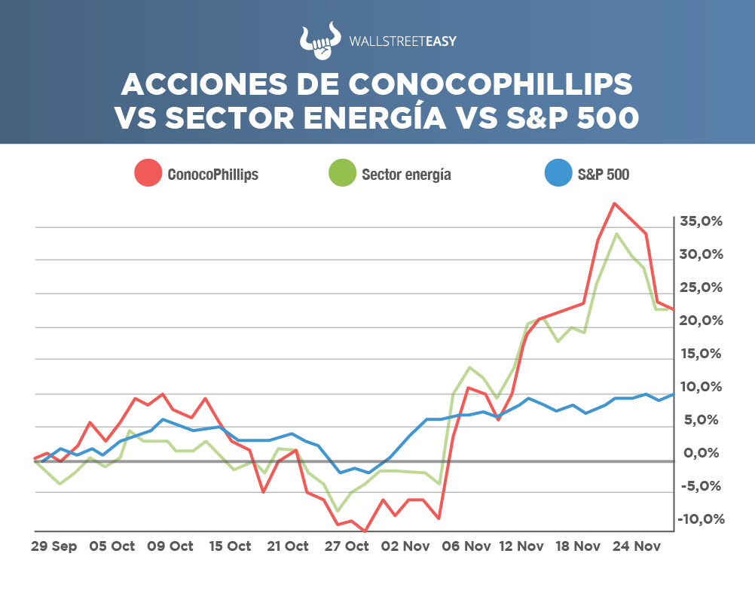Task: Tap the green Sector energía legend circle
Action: pyautogui.click(x=343, y=174)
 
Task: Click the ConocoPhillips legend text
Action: pyautogui.click(x=213, y=175)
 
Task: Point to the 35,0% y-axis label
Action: pyautogui.click(x=700, y=221)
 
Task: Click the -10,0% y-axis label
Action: pyautogui.click(x=700, y=519)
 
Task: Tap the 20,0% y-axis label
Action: pyautogui.click(x=700, y=321)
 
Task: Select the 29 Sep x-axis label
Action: pyautogui.click(x=53, y=546)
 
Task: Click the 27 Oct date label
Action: pyautogui.click(x=347, y=546)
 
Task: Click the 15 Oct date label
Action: pyautogui.click(x=229, y=546)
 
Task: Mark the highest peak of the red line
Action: pyautogui.click(x=615, y=203)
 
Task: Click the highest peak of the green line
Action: pyautogui.click(x=617, y=233)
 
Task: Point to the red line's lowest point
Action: pyautogui.click(x=365, y=531)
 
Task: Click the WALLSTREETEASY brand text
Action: pyautogui.click(x=403, y=41)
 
